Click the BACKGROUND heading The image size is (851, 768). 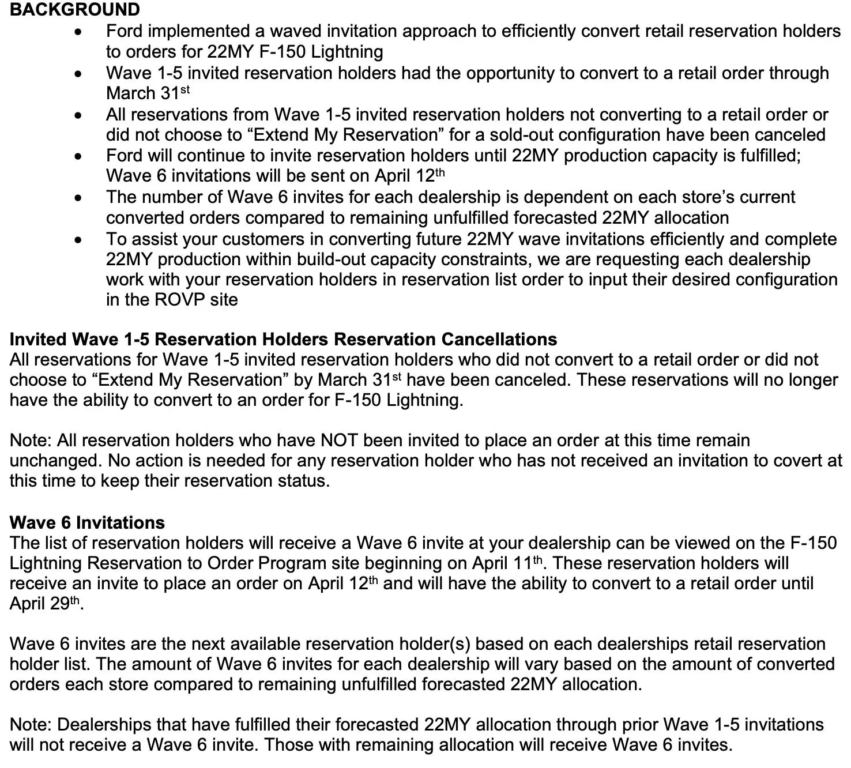click(75, 10)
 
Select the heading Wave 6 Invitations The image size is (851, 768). click(87, 522)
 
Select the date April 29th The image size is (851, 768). click(45, 604)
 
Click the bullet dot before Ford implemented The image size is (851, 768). click(79, 32)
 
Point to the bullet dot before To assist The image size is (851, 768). click(79, 240)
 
